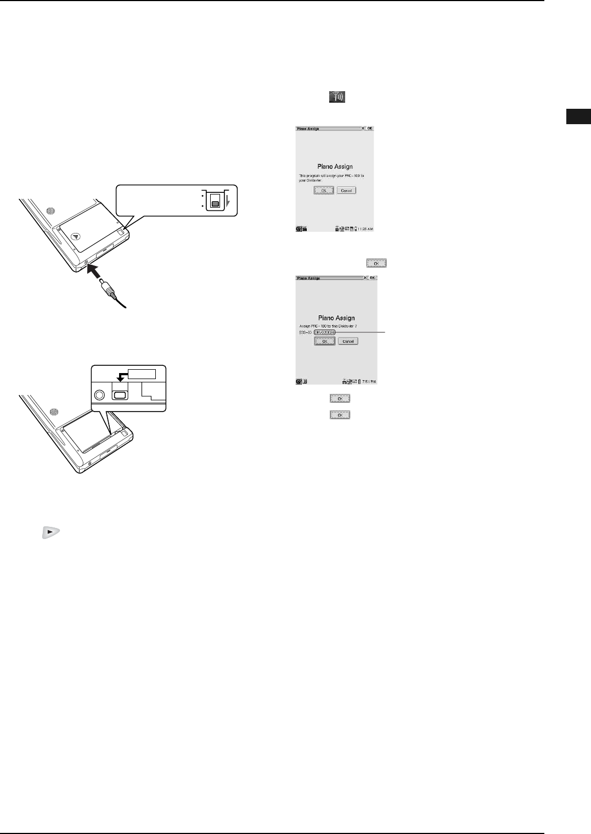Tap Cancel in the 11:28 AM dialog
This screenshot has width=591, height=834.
(x=346, y=190)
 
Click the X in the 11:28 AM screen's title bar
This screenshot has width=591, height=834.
(x=363, y=129)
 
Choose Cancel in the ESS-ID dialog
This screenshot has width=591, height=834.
(x=348, y=341)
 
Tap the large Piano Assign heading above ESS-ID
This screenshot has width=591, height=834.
(x=337, y=318)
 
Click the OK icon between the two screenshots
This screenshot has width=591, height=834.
(x=376, y=263)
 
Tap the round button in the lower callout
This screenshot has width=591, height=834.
(x=99, y=394)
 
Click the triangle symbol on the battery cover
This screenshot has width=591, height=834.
(x=76, y=236)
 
